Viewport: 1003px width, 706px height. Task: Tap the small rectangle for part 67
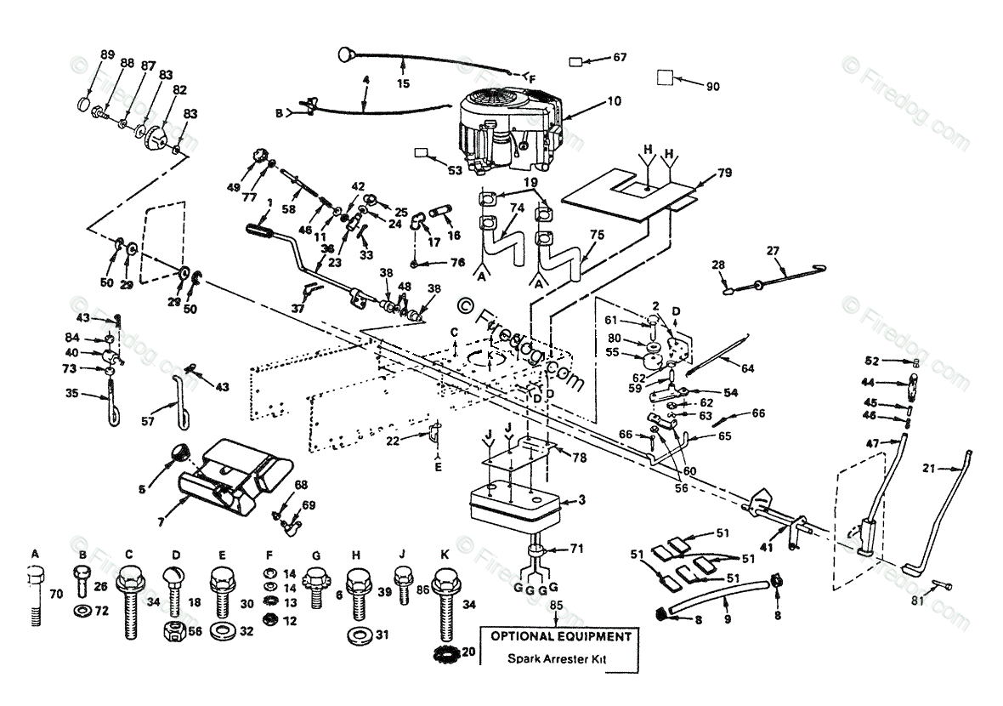click(x=577, y=61)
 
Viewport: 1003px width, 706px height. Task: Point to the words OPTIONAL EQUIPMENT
click(x=558, y=636)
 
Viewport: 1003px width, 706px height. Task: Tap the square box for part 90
click(x=666, y=78)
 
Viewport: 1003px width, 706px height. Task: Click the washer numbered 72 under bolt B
click(x=82, y=612)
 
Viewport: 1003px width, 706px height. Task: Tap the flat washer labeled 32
click(x=223, y=631)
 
